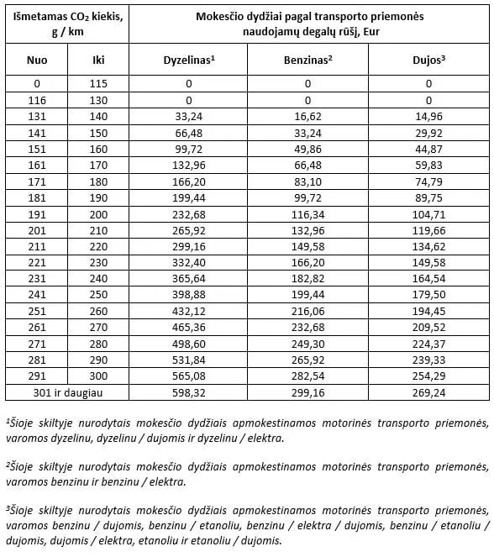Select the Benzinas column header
[x=307, y=60]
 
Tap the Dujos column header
[x=428, y=60]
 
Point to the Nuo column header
[x=37, y=60]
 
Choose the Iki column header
[x=98, y=60]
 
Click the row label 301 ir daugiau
[x=67, y=391]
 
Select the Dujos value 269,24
[x=428, y=391]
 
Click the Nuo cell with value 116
[x=37, y=100]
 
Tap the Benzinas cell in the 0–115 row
[x=307, y=83]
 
